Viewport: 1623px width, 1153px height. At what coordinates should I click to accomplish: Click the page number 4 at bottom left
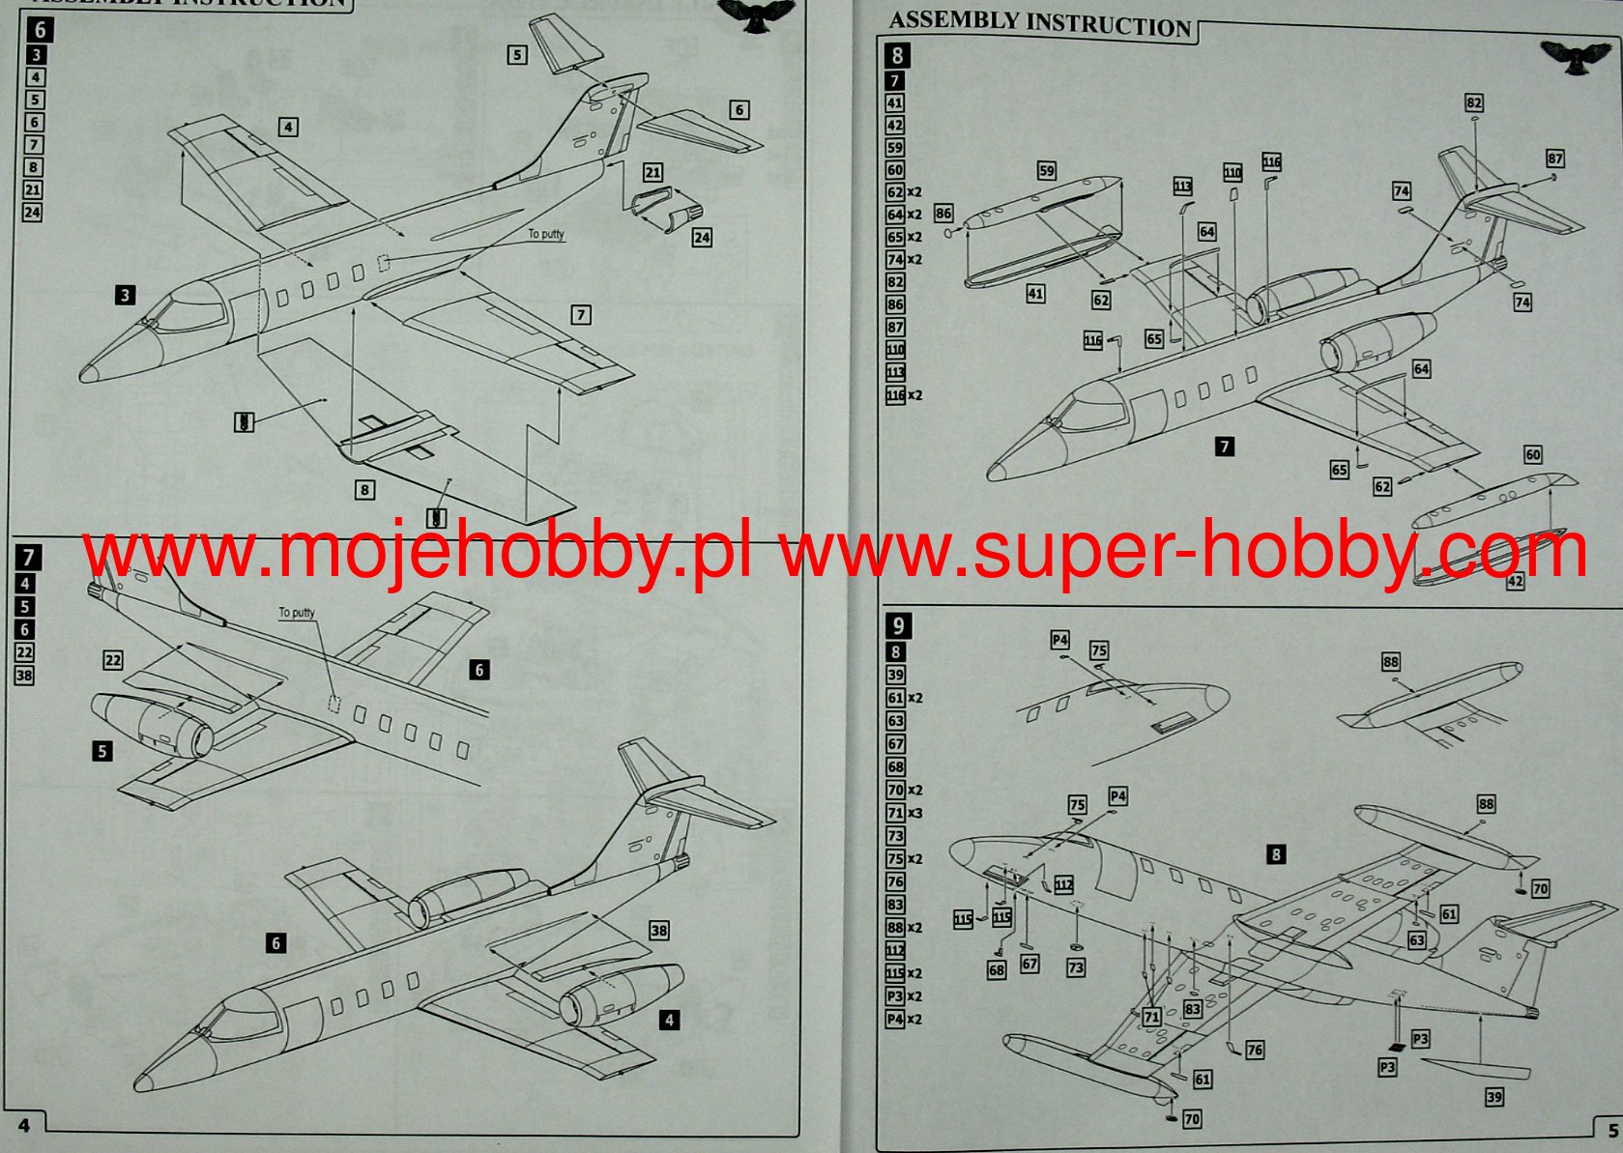click(24, 1126)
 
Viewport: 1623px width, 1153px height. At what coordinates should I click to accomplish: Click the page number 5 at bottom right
click(1612, 1130)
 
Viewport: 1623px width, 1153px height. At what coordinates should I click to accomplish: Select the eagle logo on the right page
click(1575, 57)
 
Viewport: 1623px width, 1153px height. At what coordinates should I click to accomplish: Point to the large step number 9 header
click(898, 625)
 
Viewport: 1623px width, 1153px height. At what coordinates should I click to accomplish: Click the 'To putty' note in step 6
click(546, 234)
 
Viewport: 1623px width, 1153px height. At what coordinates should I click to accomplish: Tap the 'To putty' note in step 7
click(297, 613)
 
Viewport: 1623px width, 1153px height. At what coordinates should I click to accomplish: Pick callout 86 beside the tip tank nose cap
click(943, 214)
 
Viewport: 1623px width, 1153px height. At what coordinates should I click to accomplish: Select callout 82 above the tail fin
click(1473, 103)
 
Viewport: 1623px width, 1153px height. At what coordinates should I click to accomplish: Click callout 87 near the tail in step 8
click(1554, 159)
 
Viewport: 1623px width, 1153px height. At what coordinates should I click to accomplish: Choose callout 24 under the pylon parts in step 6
click(702, 237)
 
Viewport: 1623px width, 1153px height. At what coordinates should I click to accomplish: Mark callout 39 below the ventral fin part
click(1494, 1097)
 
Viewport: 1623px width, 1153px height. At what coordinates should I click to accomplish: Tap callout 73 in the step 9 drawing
click(1076, 966)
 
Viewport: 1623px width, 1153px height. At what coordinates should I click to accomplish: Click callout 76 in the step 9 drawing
click(1255, 1050)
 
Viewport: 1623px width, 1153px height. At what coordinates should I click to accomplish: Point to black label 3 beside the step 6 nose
click(125, 295)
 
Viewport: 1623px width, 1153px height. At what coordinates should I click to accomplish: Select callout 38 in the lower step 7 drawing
click(658, 930)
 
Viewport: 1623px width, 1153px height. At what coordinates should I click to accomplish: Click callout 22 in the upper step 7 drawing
click(113, 660)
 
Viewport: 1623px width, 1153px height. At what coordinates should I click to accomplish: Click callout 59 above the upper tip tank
click(1047, 171)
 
